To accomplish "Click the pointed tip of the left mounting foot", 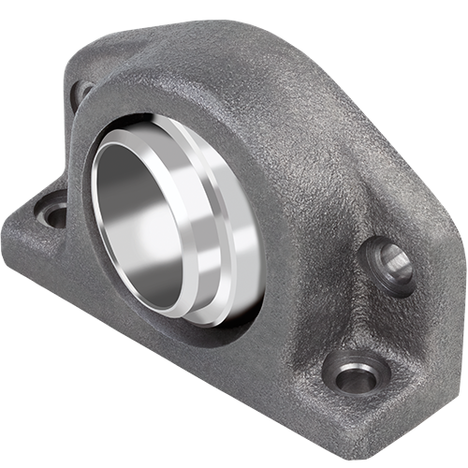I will coord(7,239).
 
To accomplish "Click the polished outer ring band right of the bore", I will coord(239,234).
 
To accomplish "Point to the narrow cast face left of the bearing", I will coord(80,187).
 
